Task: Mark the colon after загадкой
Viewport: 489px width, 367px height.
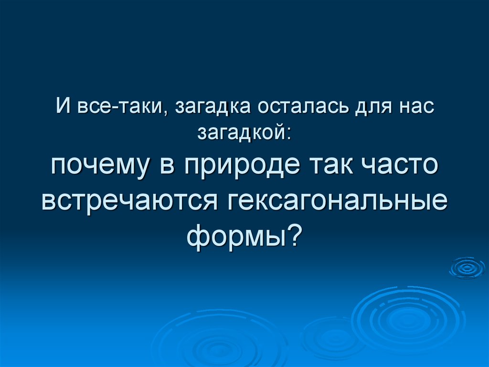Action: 287,133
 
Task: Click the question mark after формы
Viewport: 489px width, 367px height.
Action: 295,234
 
